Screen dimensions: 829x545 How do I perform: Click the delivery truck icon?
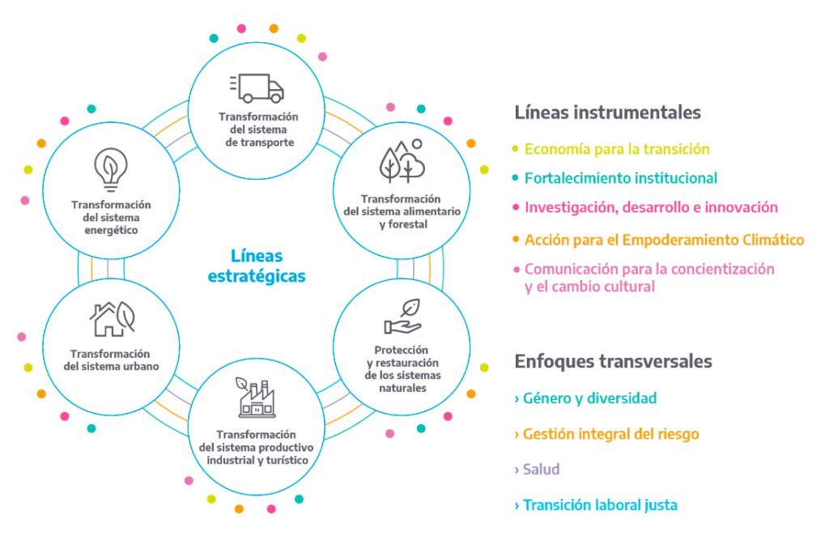(257, 87)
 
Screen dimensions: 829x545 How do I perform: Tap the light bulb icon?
(110, 169)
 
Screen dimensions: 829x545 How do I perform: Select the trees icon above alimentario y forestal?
(402, 161)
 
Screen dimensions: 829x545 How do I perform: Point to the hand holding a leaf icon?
(403, 316)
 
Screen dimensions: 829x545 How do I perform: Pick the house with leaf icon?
(112, 319)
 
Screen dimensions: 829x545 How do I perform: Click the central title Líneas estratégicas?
(257, 266)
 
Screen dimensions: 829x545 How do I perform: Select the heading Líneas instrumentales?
(607, 112)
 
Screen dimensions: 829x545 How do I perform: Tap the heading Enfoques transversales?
(614, 361)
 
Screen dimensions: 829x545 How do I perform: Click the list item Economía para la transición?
(617, 149)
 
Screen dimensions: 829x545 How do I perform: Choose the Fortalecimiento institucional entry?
(621, 178)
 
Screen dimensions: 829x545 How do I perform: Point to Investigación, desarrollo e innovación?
(651, 207)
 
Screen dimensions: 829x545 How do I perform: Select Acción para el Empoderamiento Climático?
(664, 240)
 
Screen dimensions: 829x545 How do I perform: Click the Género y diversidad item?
(589, 398)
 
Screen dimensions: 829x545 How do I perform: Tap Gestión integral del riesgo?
(610, 434)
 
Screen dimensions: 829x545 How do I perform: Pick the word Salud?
(541, 470)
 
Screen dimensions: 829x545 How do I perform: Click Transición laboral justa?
(600, 505)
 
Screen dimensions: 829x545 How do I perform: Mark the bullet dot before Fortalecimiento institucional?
(516, 178)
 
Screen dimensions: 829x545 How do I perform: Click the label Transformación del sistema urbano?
(111, 360)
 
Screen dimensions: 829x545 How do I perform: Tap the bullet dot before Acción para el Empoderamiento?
(516, 240)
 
